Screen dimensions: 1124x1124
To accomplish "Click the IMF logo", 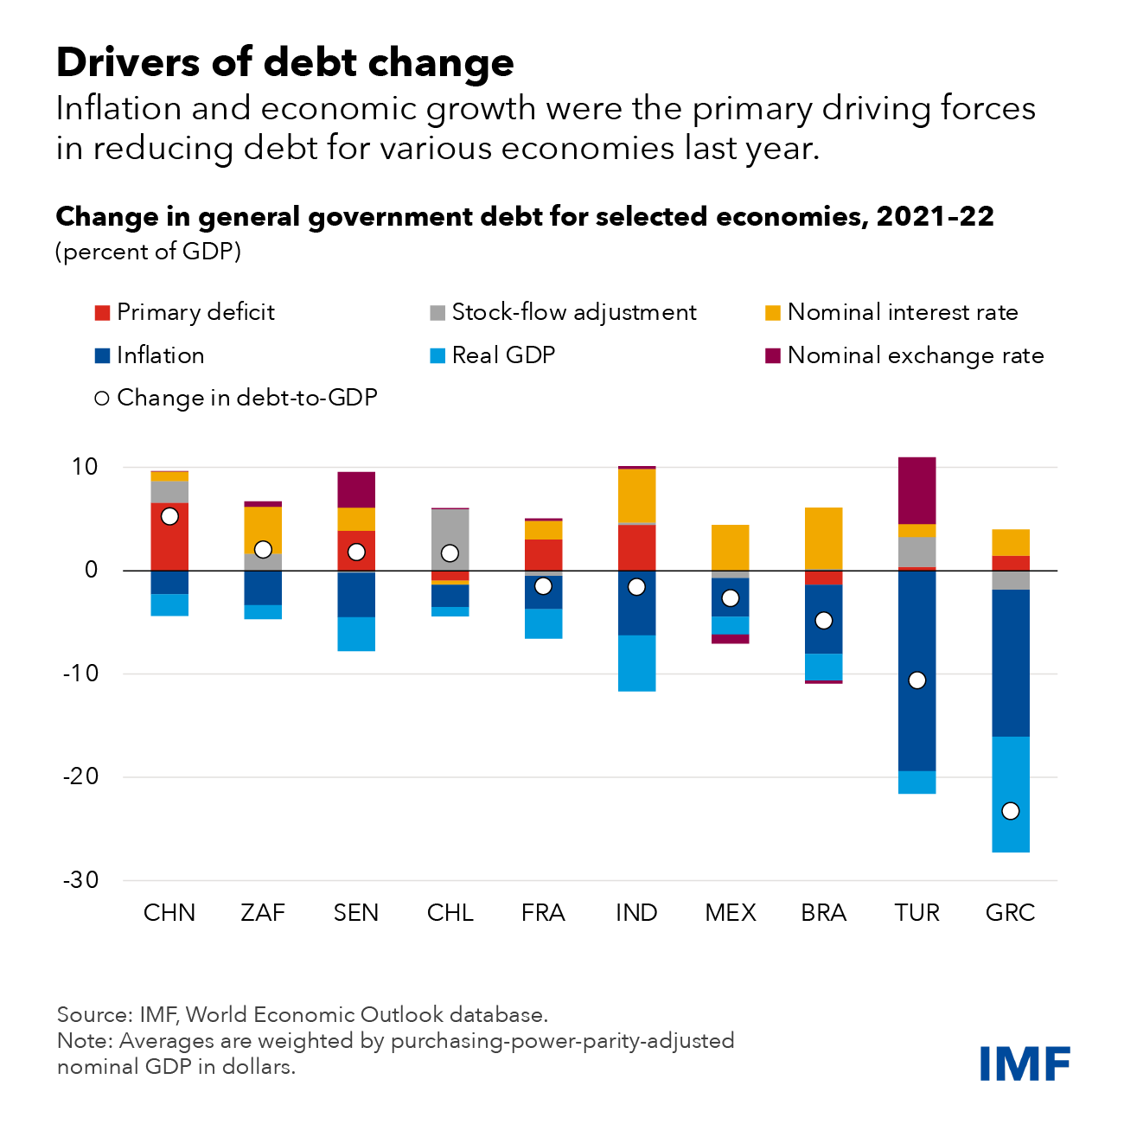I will click(x=1025, y=1063).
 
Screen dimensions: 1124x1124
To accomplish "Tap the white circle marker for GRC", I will click(x=1010, y=811).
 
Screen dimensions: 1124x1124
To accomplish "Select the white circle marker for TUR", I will click(x=917, y=680).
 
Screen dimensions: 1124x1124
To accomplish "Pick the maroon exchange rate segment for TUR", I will click(x=917, y=490).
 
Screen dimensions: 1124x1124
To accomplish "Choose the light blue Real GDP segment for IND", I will click(x=636, y=663).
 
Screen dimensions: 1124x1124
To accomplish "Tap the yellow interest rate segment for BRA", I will click(x=823, y=538).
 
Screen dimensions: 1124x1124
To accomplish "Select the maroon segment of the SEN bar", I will click(x=356, y=489).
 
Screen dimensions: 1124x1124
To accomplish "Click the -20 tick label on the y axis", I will click(x=80, y=776).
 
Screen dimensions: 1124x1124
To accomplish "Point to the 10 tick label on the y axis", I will click(x=85, y=467).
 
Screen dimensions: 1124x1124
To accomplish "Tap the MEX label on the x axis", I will click(x=731, y=913).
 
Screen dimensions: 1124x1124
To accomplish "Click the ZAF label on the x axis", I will click(x=263, y=913).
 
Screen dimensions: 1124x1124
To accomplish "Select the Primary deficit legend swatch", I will click(x=102, y=313).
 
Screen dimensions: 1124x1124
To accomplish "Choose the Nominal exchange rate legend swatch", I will click(x=773, y=355).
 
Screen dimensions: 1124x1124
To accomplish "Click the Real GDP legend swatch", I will click(x=437, y=355).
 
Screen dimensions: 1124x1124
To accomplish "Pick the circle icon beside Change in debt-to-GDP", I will click(x=102, y=399).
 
